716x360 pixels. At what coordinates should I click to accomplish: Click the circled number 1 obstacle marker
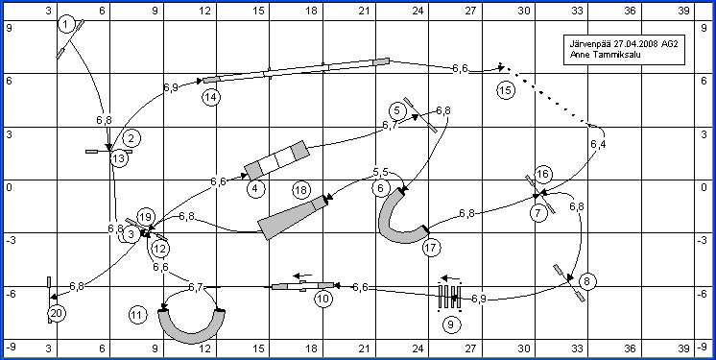(66, 25)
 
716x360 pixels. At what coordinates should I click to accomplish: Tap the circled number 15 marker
(506, 90)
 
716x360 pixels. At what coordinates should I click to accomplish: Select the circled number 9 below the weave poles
(451, 324)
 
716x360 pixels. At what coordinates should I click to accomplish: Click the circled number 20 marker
(58, 313)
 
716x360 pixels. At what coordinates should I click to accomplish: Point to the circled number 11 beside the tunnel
(138, 315)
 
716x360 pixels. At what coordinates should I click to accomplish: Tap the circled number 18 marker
(301, 190)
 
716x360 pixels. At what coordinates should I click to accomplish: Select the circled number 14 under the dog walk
(212, 97)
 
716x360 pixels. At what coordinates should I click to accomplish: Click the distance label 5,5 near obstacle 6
(380, 173)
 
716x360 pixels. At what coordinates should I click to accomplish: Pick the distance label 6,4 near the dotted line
(598, 145)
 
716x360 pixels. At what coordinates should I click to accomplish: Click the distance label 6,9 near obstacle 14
(170, 86)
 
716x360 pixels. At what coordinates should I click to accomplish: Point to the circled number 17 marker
(432, 248)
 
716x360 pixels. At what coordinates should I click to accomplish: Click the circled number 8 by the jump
(587, 281)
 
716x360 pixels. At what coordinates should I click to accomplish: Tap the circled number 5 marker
(397, 110)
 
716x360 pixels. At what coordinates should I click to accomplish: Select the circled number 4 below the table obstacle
(255, 188)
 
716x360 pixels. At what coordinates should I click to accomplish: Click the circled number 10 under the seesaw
(323, 300)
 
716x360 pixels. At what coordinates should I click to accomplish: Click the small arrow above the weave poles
(450, 277)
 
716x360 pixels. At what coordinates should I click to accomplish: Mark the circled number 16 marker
(542, 174)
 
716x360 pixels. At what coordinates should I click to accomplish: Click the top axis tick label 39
(683, 11)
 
